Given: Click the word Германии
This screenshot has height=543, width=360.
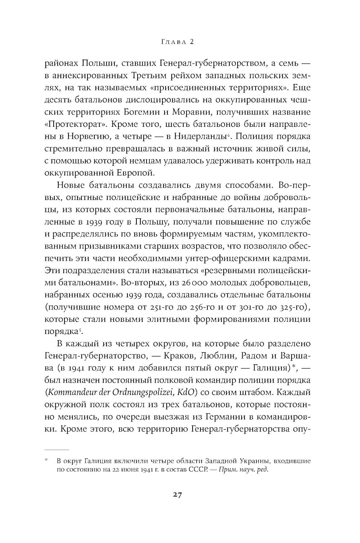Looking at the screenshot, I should click(x=231, y=417).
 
